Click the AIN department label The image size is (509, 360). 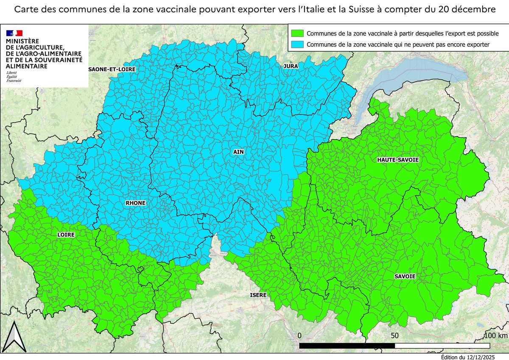238,151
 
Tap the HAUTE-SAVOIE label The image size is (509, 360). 398,159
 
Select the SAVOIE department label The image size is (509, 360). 405,276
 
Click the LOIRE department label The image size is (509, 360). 65,234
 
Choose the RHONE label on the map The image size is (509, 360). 135,203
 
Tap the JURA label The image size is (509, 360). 291,66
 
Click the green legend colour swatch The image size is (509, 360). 297,33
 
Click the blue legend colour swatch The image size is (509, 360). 297,44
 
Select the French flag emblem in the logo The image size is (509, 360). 14,33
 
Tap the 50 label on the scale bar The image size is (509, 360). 394,335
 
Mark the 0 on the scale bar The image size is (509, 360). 300,335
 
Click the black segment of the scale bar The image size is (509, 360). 347,346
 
